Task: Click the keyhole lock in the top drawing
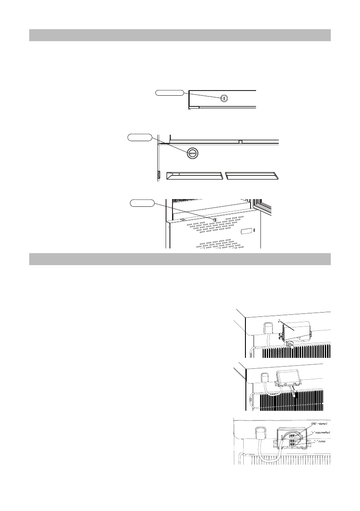(224, 98)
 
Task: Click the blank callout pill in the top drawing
(169, 92)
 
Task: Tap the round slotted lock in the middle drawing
(193, 152)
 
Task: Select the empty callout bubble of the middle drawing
(140, 137)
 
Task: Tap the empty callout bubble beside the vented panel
(142, 203)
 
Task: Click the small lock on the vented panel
(215, 219)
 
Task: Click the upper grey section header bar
(180, 35)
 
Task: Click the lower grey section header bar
(180, 259)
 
